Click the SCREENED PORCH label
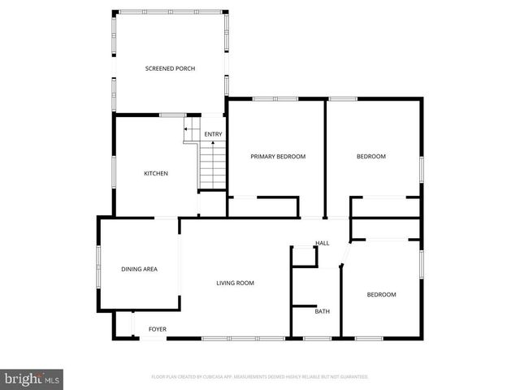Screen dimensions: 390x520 tap(170, 68)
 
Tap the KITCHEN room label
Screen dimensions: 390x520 tap(156, 173)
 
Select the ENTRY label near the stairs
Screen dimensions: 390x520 tap(213, 135)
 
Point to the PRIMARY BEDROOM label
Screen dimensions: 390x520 tap(278, 156)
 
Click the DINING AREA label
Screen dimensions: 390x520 tap(139, 269)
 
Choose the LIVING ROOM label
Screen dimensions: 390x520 tap(235, 283)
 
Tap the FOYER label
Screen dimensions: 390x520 tap(157, 329)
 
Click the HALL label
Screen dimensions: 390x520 tap(322, 244)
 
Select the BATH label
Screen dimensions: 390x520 tap(322, 311)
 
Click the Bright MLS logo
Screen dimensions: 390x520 tap(32, 379)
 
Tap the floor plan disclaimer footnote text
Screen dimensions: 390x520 tap(260, 377)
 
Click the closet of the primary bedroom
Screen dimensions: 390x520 tap(264, 206)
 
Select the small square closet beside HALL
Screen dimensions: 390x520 tap(304, 256)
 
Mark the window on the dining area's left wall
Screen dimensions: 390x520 tap(98, 264)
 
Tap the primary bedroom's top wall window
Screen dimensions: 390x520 tap(275, 98)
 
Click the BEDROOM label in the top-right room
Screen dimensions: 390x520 tap(371, 156)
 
